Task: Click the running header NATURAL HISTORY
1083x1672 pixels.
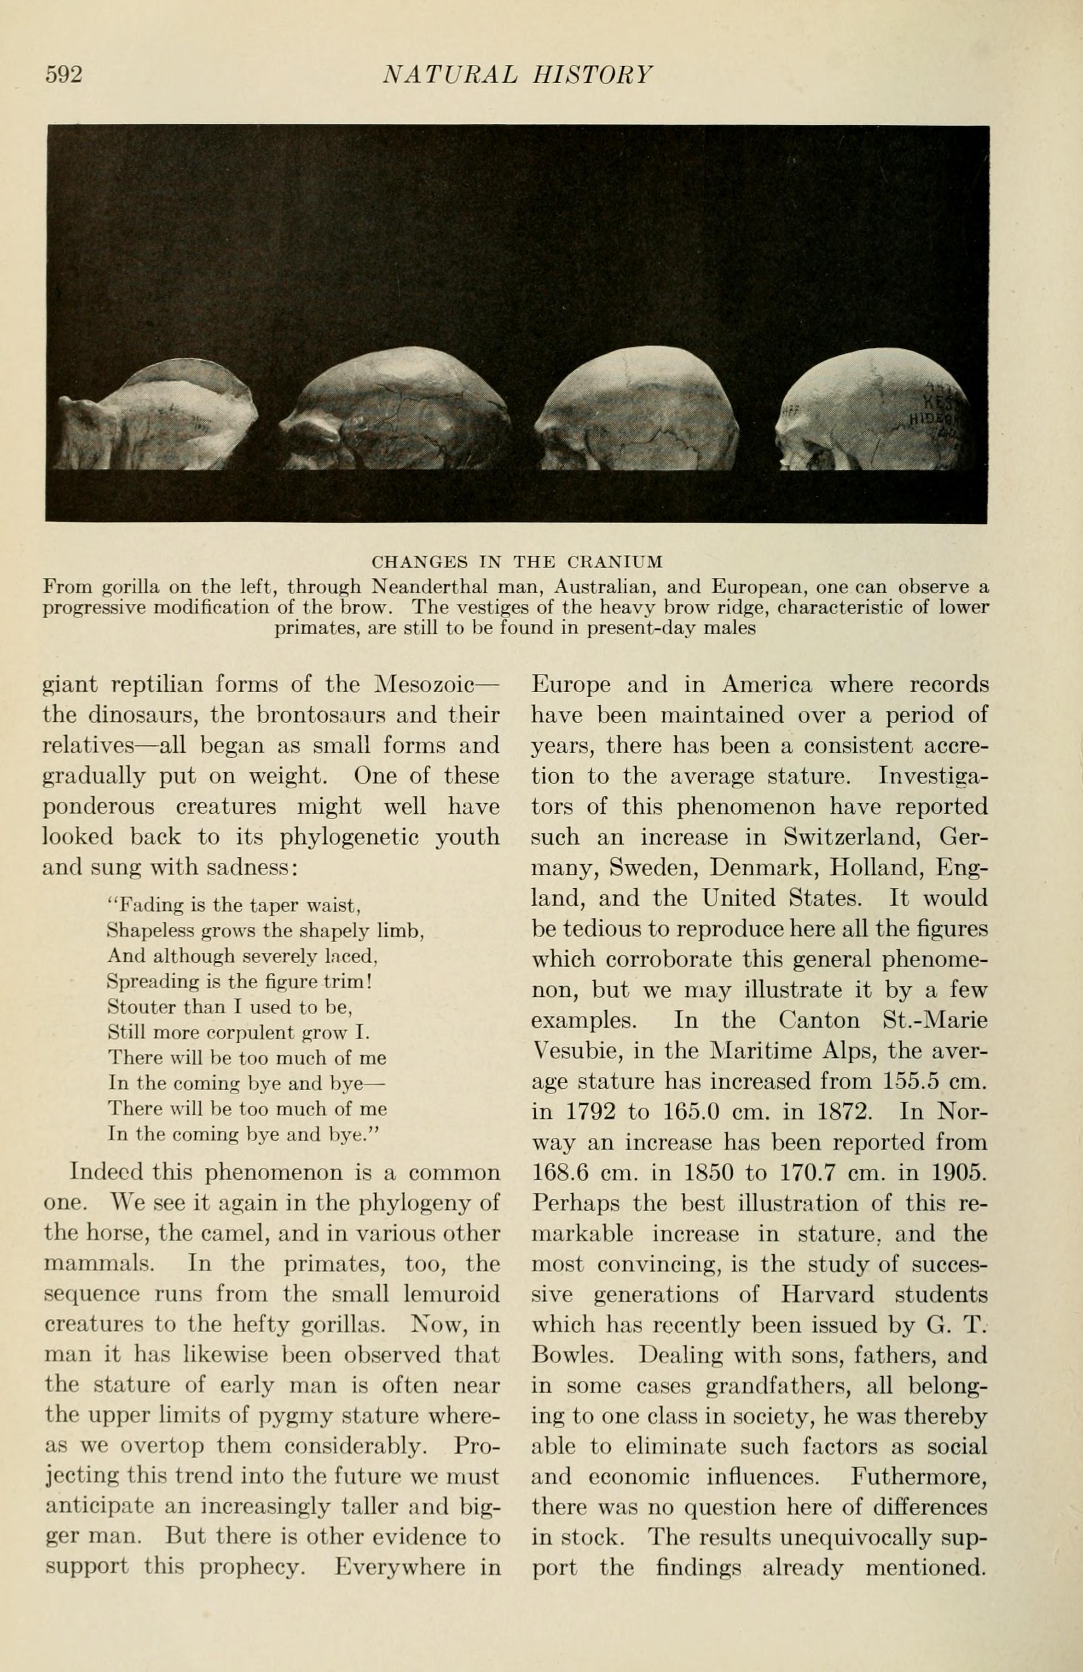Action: coord(517,75)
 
